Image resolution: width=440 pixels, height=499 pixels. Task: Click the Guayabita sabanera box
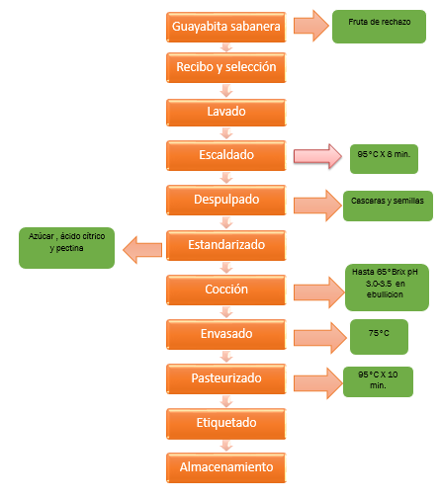[226, 27]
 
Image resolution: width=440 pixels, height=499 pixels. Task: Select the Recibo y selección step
[226, 67]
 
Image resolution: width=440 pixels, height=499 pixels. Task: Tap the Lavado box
[226, 113]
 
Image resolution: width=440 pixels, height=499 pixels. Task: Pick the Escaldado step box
[226, 155]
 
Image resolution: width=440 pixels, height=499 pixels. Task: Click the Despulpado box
[226, 201]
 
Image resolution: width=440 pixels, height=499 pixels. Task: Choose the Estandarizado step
[226, 245]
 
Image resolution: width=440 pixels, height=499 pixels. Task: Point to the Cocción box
[226, 290]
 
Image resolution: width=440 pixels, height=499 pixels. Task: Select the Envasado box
[226, 334]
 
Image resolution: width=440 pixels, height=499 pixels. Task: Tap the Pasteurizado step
[226, 378]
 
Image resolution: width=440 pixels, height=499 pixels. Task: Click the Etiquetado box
[226, 424]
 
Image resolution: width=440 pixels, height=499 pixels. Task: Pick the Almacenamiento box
[226, 467]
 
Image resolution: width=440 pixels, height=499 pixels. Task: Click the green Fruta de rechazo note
[379, 27]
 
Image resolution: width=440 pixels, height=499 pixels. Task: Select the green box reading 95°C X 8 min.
[384, 159]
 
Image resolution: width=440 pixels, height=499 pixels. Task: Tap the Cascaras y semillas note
[388, 206]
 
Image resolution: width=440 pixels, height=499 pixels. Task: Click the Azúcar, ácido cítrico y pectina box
[67, 248]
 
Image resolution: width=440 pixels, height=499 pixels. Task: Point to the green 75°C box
[379, 337]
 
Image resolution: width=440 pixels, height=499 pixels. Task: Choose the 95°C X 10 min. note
[378, 381]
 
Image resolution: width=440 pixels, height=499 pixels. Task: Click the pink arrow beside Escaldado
[317, 156]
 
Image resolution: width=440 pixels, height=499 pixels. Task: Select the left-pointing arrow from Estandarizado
[142, 250]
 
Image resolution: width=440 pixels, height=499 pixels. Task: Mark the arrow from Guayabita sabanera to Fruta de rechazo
[311, 26]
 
